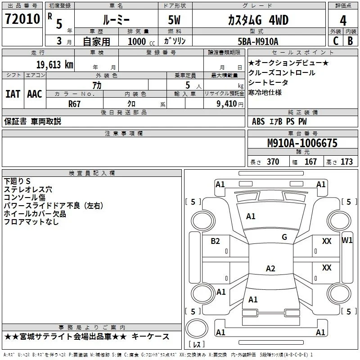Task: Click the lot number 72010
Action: pyautogui.click(x=22, y=19)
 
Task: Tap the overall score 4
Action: pyautogui.click(x=343, y=21)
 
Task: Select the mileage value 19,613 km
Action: pyautogui.click(x=54, y=65)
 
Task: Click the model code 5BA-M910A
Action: pyautogui.click(x=258, y=41)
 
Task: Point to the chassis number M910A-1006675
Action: pyautogui.click(x=302, y=143)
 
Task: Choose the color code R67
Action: pyautogui.click(x=74, y=104)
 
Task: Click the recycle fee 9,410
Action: pyautogui.click(x=227, y=103)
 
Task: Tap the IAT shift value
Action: pyautogui.click(x=13, y=94)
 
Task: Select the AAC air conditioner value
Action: pyautogui.click(x=35, y=94)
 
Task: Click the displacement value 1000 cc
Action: pyautogui.click(x=141, y=41)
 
